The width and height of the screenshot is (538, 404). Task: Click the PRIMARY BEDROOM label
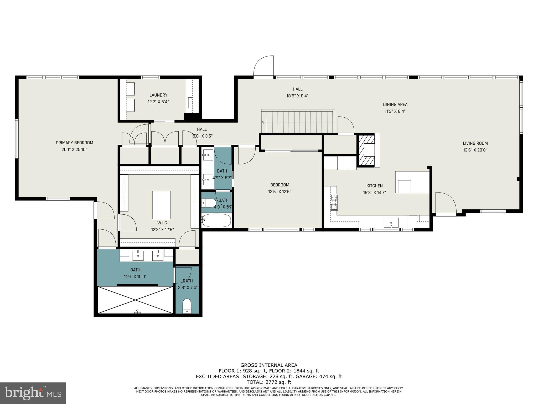74,143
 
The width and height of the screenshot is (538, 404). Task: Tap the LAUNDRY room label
158,95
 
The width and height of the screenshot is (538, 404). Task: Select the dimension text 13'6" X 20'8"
475,150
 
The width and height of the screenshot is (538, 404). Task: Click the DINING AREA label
395,104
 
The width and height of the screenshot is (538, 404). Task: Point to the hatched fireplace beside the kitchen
366,150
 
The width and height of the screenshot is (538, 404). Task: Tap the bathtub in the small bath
216,220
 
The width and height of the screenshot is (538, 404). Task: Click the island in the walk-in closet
161,205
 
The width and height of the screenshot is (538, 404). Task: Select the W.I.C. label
162,223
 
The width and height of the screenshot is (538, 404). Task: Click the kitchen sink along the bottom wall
391,223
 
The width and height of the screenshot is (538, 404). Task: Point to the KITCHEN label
374,186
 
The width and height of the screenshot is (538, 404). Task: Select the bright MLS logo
33,393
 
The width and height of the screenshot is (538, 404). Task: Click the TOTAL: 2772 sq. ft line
269,382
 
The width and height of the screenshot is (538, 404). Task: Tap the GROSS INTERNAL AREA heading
269,365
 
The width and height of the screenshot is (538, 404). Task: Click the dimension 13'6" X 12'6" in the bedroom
280,192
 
